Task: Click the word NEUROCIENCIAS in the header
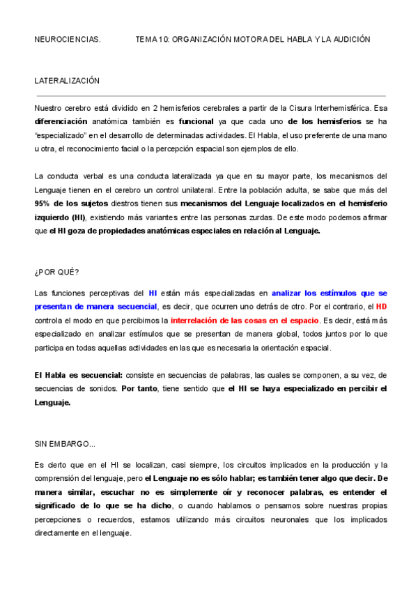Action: point(68,40)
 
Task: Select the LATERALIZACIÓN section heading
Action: point(67,81)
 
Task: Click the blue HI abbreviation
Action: point(153,293)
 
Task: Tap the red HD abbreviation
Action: point(381,307)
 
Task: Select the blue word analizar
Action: point(290,293)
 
